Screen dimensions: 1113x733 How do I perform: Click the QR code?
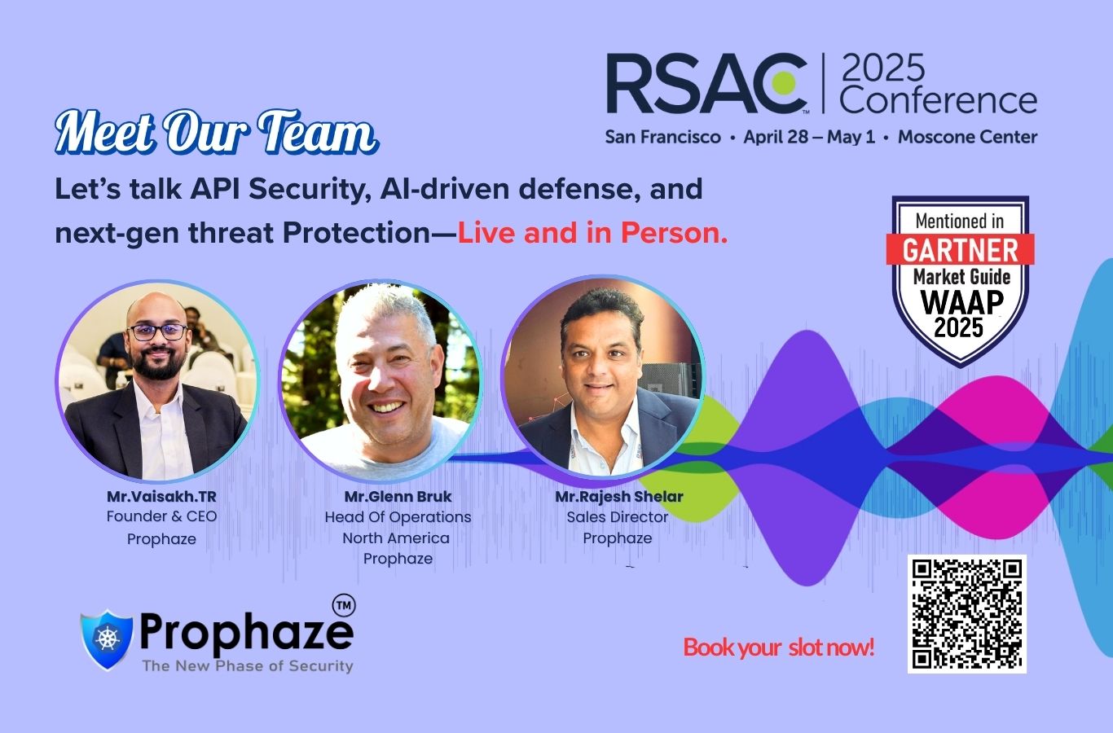pyautogui.click(x=967, y=614)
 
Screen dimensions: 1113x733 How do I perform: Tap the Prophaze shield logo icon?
pyautogui.click(x=107, y=639)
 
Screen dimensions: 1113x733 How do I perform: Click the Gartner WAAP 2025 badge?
pyautogui.click(x=960, y=281)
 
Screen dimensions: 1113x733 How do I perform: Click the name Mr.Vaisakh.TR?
pyautogui.click(x=161, y=496)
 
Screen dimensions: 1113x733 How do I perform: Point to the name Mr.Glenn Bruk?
pyautogui.click(x=398, y=496)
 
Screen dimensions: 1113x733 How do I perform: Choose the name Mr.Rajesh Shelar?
pyautogui.click(x=619, y=496)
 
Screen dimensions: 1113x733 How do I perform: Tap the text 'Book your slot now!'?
pyautogui.click(x=779, y=647)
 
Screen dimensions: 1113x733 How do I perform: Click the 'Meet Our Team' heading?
pyautogui.click(x=217, y=132)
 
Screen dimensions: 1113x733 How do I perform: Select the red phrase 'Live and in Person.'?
pyautogui.click(x=592, y=233)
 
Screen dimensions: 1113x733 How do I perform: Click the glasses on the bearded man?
pyautogui.click(x=157, y=331)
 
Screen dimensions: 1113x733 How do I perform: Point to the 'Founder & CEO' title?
pyautogui.click(x=161, y=516)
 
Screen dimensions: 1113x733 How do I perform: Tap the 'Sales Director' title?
pyautogui.click(x=617, y=517)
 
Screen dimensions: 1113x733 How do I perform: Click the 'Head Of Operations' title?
pyautogui.click(x=398, y=517)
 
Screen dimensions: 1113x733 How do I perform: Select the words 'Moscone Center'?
pyautogui.click(x=967, y=137)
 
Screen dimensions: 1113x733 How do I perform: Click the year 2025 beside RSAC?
pyautogui.click(x=883, y=68)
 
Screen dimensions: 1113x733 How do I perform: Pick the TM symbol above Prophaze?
pyautogui.click(x=344, y=605)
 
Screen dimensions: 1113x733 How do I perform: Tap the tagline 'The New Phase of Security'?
pyautogui.click(x=248, y=665)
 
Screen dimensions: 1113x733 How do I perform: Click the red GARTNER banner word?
pyautogui.click(x=961, y=249)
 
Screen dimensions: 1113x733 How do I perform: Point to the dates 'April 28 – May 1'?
pyautogui.click(x=809, y=137)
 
